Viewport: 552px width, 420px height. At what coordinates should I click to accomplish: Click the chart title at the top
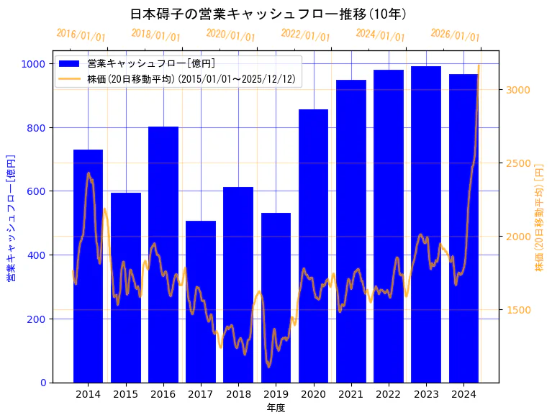click(269, 14)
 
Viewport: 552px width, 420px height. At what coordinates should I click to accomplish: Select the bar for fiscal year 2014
click(88, 266)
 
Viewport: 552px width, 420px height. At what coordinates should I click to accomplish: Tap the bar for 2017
click(201, 301)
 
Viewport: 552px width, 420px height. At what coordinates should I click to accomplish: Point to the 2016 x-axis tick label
click(163, 394)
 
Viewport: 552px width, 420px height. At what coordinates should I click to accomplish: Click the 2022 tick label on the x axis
click(389, 394)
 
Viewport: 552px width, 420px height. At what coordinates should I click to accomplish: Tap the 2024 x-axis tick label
click(463, 394)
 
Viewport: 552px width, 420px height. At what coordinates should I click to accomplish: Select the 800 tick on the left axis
click(37, 128)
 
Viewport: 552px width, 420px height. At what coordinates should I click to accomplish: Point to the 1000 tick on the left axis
click(35, 64)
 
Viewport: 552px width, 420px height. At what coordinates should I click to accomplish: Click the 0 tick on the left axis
click(43, 383)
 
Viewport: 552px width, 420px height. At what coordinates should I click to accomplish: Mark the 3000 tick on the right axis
click(518, 89)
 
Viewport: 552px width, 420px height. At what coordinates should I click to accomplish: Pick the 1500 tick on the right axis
click(518, 310)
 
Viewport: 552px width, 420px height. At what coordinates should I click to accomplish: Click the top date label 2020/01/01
click(230, 35)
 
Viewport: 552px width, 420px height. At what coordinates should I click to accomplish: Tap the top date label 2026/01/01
click(455, 35)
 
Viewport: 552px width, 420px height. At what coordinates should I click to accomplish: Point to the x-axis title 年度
click(276, 408)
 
